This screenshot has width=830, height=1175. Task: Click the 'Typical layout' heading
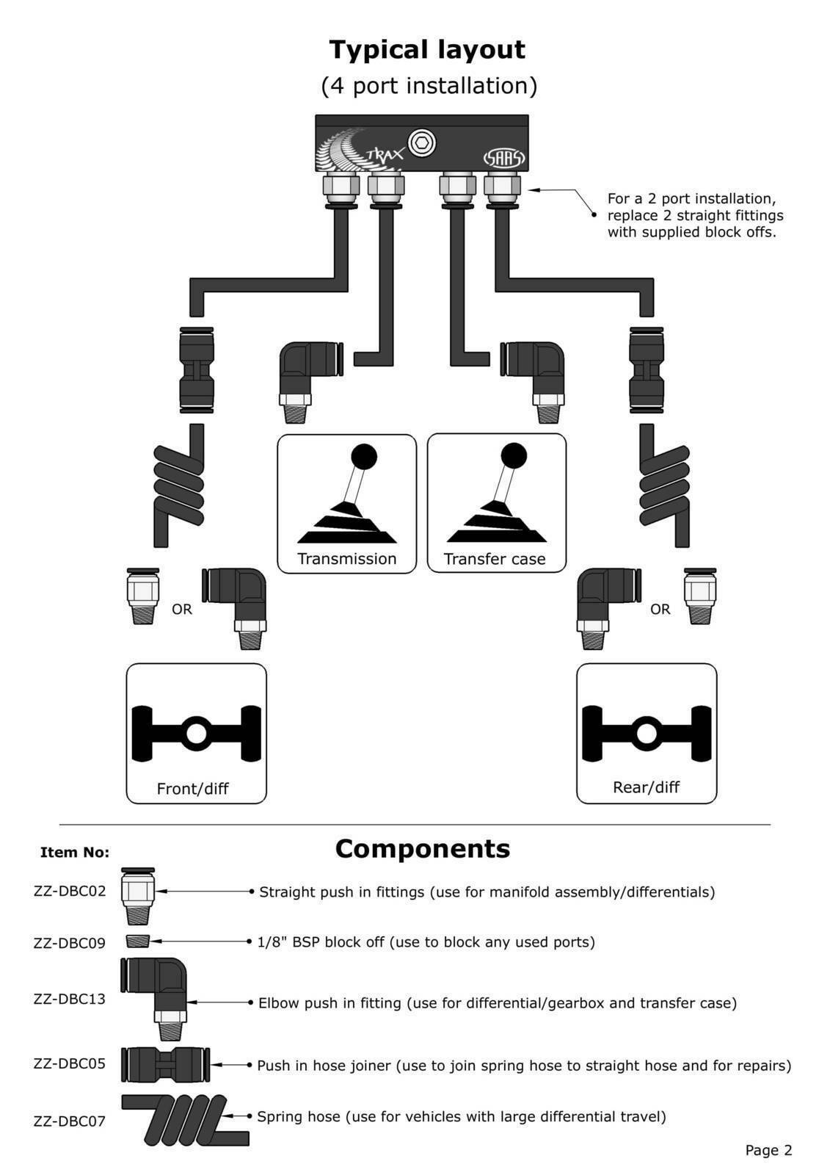426,50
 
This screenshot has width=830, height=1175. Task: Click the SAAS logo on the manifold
503,158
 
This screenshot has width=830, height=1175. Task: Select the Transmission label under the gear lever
346,559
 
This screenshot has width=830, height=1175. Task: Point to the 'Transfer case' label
495,559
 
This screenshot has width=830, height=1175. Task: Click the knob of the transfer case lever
514,455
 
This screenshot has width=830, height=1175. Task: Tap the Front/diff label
192,789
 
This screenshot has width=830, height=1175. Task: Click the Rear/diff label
646,787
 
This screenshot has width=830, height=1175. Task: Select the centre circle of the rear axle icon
647,734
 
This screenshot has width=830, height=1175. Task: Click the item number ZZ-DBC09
69,943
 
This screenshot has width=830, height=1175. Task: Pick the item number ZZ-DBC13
69,999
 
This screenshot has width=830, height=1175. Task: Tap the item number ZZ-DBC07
69,1121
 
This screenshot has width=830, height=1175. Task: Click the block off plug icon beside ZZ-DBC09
137,941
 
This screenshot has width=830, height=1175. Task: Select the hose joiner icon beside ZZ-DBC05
165,1064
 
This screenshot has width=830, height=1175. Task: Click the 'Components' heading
422,849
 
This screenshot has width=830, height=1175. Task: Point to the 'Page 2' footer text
768,1150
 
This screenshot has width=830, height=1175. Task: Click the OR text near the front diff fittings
181,610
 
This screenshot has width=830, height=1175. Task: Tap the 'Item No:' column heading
74,853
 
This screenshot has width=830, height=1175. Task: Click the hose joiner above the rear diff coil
647,370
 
